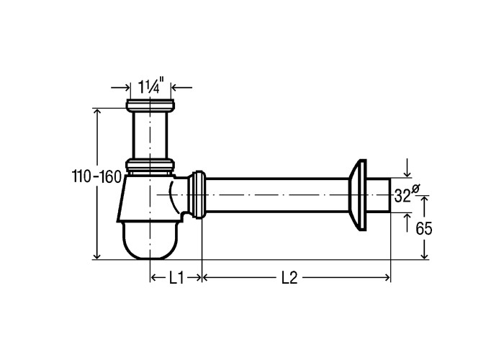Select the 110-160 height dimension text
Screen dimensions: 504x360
pyautogui.click(x=96, y=177)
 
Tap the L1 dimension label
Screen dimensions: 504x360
pyautogui.click(x=176, y=278)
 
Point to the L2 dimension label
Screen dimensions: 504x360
pyautogui.click(x=289, y=278)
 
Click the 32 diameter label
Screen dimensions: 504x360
pyautogui.click(x=402, y=195)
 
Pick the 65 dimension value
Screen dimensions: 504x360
pyautogui.click(x=424, y=229)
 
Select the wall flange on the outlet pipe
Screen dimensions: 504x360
pyautogui.click(x=358, y=195)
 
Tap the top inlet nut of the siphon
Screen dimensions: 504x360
pyautogui.click(x=150, y=105)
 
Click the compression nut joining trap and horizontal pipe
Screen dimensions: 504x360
pyautogui.click(x=197, y=195)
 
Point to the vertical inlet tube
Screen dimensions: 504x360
pyautogui.click(x=150, y=135)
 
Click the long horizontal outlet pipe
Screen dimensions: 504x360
pyautogui.click(x=277, y=195)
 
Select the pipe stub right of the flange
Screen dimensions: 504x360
pyautogui.click(x=378, y=195)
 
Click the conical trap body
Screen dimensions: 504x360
pyautogui.click(x=148, y=198)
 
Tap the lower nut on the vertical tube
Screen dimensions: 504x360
pyautogui.click(x=150, y=165)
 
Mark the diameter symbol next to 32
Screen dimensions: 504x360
pyautogui.click(x=415, y=189)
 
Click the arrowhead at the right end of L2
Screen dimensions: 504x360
pyautogui.click(x=387, y=277)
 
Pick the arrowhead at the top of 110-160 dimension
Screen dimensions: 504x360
pyautogui.click(x=97, y=111)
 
